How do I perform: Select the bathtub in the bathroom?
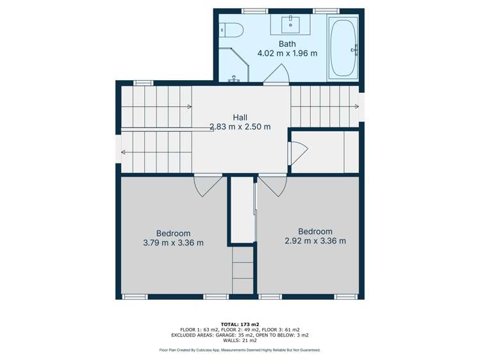pyautogui.click(x=343, y=49)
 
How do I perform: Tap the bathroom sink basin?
pyautogui.click(x=290, y=25)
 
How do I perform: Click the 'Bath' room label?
pyautogui.click(x=287, y=44)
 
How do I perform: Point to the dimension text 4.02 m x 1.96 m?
pyautogui.click(x=287, y=53)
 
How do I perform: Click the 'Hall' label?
pyautogui.click(x=240, y=117)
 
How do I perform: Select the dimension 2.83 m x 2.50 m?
pyautogui.click(x=240, y=127)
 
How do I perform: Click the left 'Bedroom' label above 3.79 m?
pyautogui.click(x=173, y=233)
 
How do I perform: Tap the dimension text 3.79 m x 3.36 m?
pyautogui.click(x=173, y=243)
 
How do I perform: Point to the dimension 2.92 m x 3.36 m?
pyautogui.click(x=315, y=241)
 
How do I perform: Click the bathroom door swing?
pyautogui.click(x=277, y=76)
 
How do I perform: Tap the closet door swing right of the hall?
pyautogui.click(x=299, y=152)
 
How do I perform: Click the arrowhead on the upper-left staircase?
pyautogui.click(x=189, y=106)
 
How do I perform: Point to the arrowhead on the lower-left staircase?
pyautogui.click(x=123, y=152)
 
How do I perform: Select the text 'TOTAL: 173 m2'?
pyautogui.click(x=240, y=324)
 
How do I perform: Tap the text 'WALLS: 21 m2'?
pyautogui.click(x=240, y=340)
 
